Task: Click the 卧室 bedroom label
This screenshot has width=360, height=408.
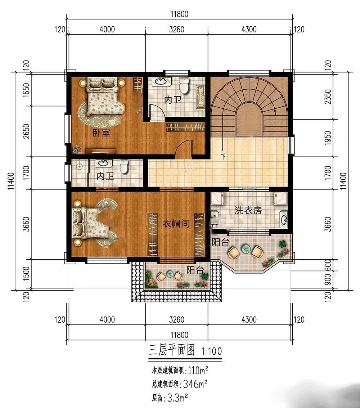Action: [102, 133]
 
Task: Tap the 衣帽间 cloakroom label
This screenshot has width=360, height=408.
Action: [176, 223]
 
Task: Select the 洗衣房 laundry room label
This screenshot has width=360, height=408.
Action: [248, 210]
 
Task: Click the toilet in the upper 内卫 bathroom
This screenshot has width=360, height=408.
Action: [184, 86]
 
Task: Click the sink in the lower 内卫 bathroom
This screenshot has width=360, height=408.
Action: [104, 163]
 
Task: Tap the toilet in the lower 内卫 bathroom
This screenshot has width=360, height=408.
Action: [124, 167]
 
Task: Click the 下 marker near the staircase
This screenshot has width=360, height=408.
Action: [223, 156]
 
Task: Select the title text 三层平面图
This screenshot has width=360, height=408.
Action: [172, 350]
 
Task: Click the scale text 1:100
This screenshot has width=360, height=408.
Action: [212, 351]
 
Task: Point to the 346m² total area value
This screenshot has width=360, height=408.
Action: [195, 384]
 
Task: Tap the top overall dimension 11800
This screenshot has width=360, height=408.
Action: [179, 14]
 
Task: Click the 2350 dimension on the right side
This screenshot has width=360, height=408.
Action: [328, 97]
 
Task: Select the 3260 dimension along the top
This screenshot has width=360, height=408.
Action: [177, 29]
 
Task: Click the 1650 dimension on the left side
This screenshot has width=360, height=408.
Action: [26, 90]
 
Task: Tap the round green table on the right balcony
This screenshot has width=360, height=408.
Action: [246, 249]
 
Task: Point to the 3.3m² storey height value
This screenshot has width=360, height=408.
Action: [177, 397]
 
